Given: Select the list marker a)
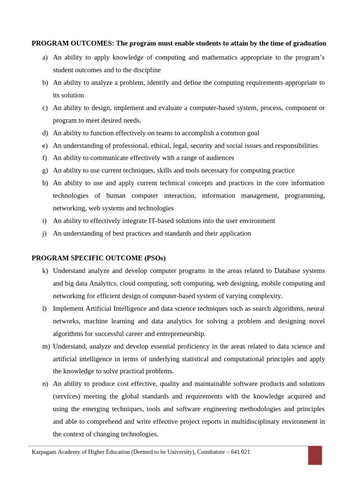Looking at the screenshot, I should pyautogui.click(x=45, y=57).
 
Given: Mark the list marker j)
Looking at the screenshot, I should pyautogui.click(x=45, y=233).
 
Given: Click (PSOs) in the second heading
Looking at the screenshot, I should pyautogui.click(x=155, y=258).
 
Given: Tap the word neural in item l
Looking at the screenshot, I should pyautogui.click(x=315, y=308).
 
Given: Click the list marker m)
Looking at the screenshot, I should pyautogui.click(x=46, y=346).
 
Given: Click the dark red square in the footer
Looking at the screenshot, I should pyautogui.click(x=315, y=455).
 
